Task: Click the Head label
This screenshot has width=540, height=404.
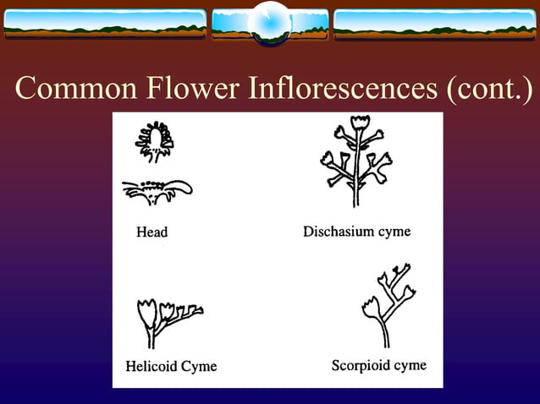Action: [x=152, y=232]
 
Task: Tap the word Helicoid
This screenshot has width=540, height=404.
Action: [x=153, y=366]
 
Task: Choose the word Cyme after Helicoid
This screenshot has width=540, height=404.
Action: [x=200, y=366]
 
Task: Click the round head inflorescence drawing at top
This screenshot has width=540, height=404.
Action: [x=155, y=140]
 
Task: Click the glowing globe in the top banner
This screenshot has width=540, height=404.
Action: [x=270, y=21]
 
